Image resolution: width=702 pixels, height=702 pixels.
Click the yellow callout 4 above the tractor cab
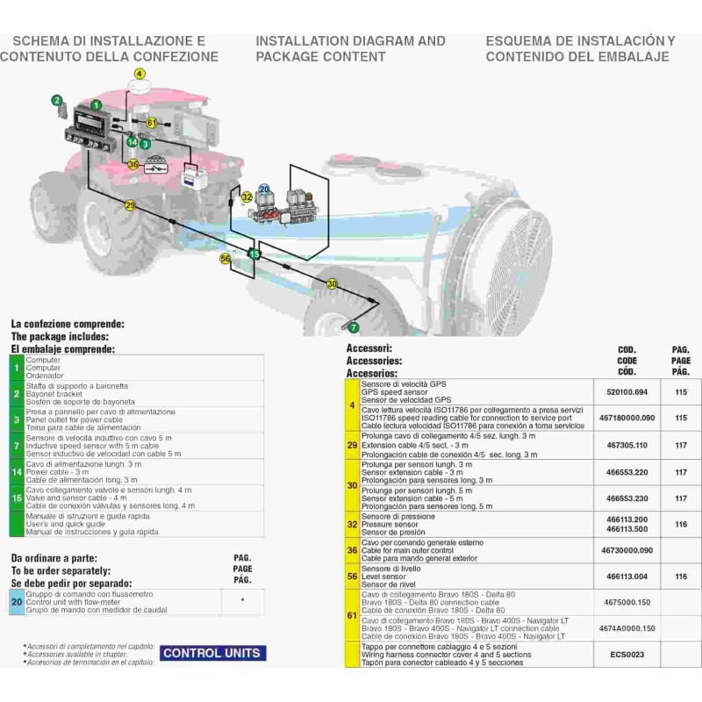[x=139, y=74]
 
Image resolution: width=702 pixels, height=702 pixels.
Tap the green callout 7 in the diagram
[x=354, y=327]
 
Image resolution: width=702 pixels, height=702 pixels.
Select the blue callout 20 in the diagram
[x=264, y=190]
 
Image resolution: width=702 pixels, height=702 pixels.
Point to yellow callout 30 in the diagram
[x=332, y=284]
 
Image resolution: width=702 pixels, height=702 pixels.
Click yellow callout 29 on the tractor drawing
[x=131, y=205]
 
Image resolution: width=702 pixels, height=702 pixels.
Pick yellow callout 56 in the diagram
[x=225, y=259]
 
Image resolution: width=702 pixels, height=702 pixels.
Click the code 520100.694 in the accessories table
[x=627, y=393]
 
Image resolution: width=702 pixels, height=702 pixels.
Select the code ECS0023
[x=627, y=654]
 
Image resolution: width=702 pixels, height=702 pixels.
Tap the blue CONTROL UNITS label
[x=212, y=653]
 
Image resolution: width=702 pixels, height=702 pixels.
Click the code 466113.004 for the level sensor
[x=627, y=576]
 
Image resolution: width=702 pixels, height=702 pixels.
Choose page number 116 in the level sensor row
[x=681, y=576]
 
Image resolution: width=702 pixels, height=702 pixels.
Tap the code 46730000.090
[x=627, y=550]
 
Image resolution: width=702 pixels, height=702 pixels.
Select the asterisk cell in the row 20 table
[x=242, y=602]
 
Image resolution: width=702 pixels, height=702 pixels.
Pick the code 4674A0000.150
[x=627, y=628]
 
